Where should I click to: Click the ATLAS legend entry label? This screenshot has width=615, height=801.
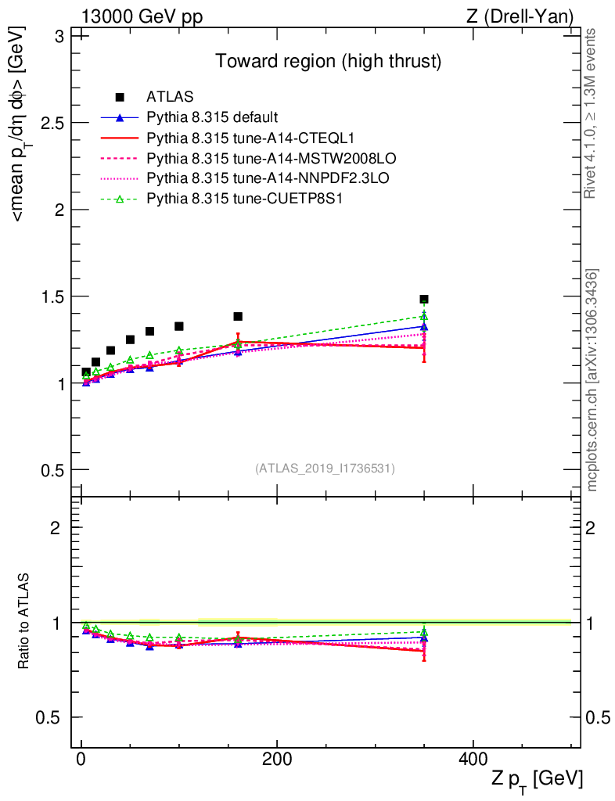tap(170, 98)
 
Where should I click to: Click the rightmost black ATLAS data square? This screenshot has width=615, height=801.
tap(424, 300)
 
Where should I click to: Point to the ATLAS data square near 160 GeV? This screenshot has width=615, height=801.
tap(238, 317)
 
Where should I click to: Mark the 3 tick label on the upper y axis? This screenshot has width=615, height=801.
tap(59, 37)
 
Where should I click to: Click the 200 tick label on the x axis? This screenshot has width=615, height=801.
tap(276, 762)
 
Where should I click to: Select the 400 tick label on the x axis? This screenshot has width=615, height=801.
tap(472, 762)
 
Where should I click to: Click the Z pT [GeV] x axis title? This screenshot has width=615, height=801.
tap(537, 780)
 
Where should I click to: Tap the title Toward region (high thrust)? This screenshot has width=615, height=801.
tap(329, 60)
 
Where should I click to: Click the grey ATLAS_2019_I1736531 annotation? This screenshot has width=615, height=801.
tap(325, 469)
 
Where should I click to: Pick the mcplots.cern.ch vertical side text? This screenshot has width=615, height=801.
tap(592, 380)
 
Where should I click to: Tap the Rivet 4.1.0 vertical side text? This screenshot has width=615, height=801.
tap(592, 113)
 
